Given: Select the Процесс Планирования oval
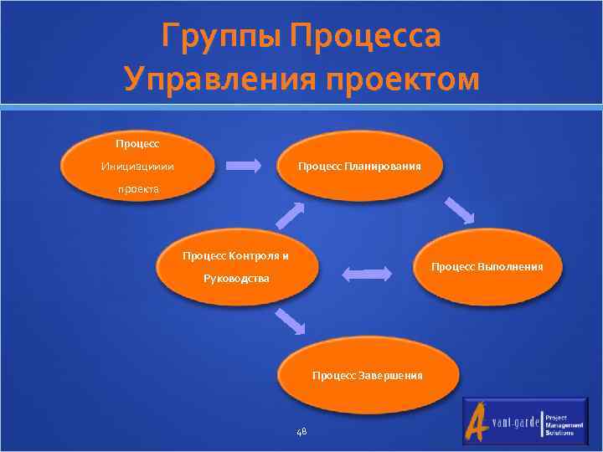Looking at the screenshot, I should click(360, 166).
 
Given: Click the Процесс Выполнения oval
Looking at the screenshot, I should click(487, 267).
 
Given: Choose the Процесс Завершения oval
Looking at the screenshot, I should click(368, 376).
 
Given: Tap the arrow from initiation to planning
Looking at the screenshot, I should click(245, 166).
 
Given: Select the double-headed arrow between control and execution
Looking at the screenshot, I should click(367, 274).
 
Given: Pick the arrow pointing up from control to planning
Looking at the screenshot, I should click(290, 214).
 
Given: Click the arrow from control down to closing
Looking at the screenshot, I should click(290, 320).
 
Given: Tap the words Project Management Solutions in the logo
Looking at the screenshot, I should click(560, 424).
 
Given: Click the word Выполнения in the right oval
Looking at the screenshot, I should click(511, 267).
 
